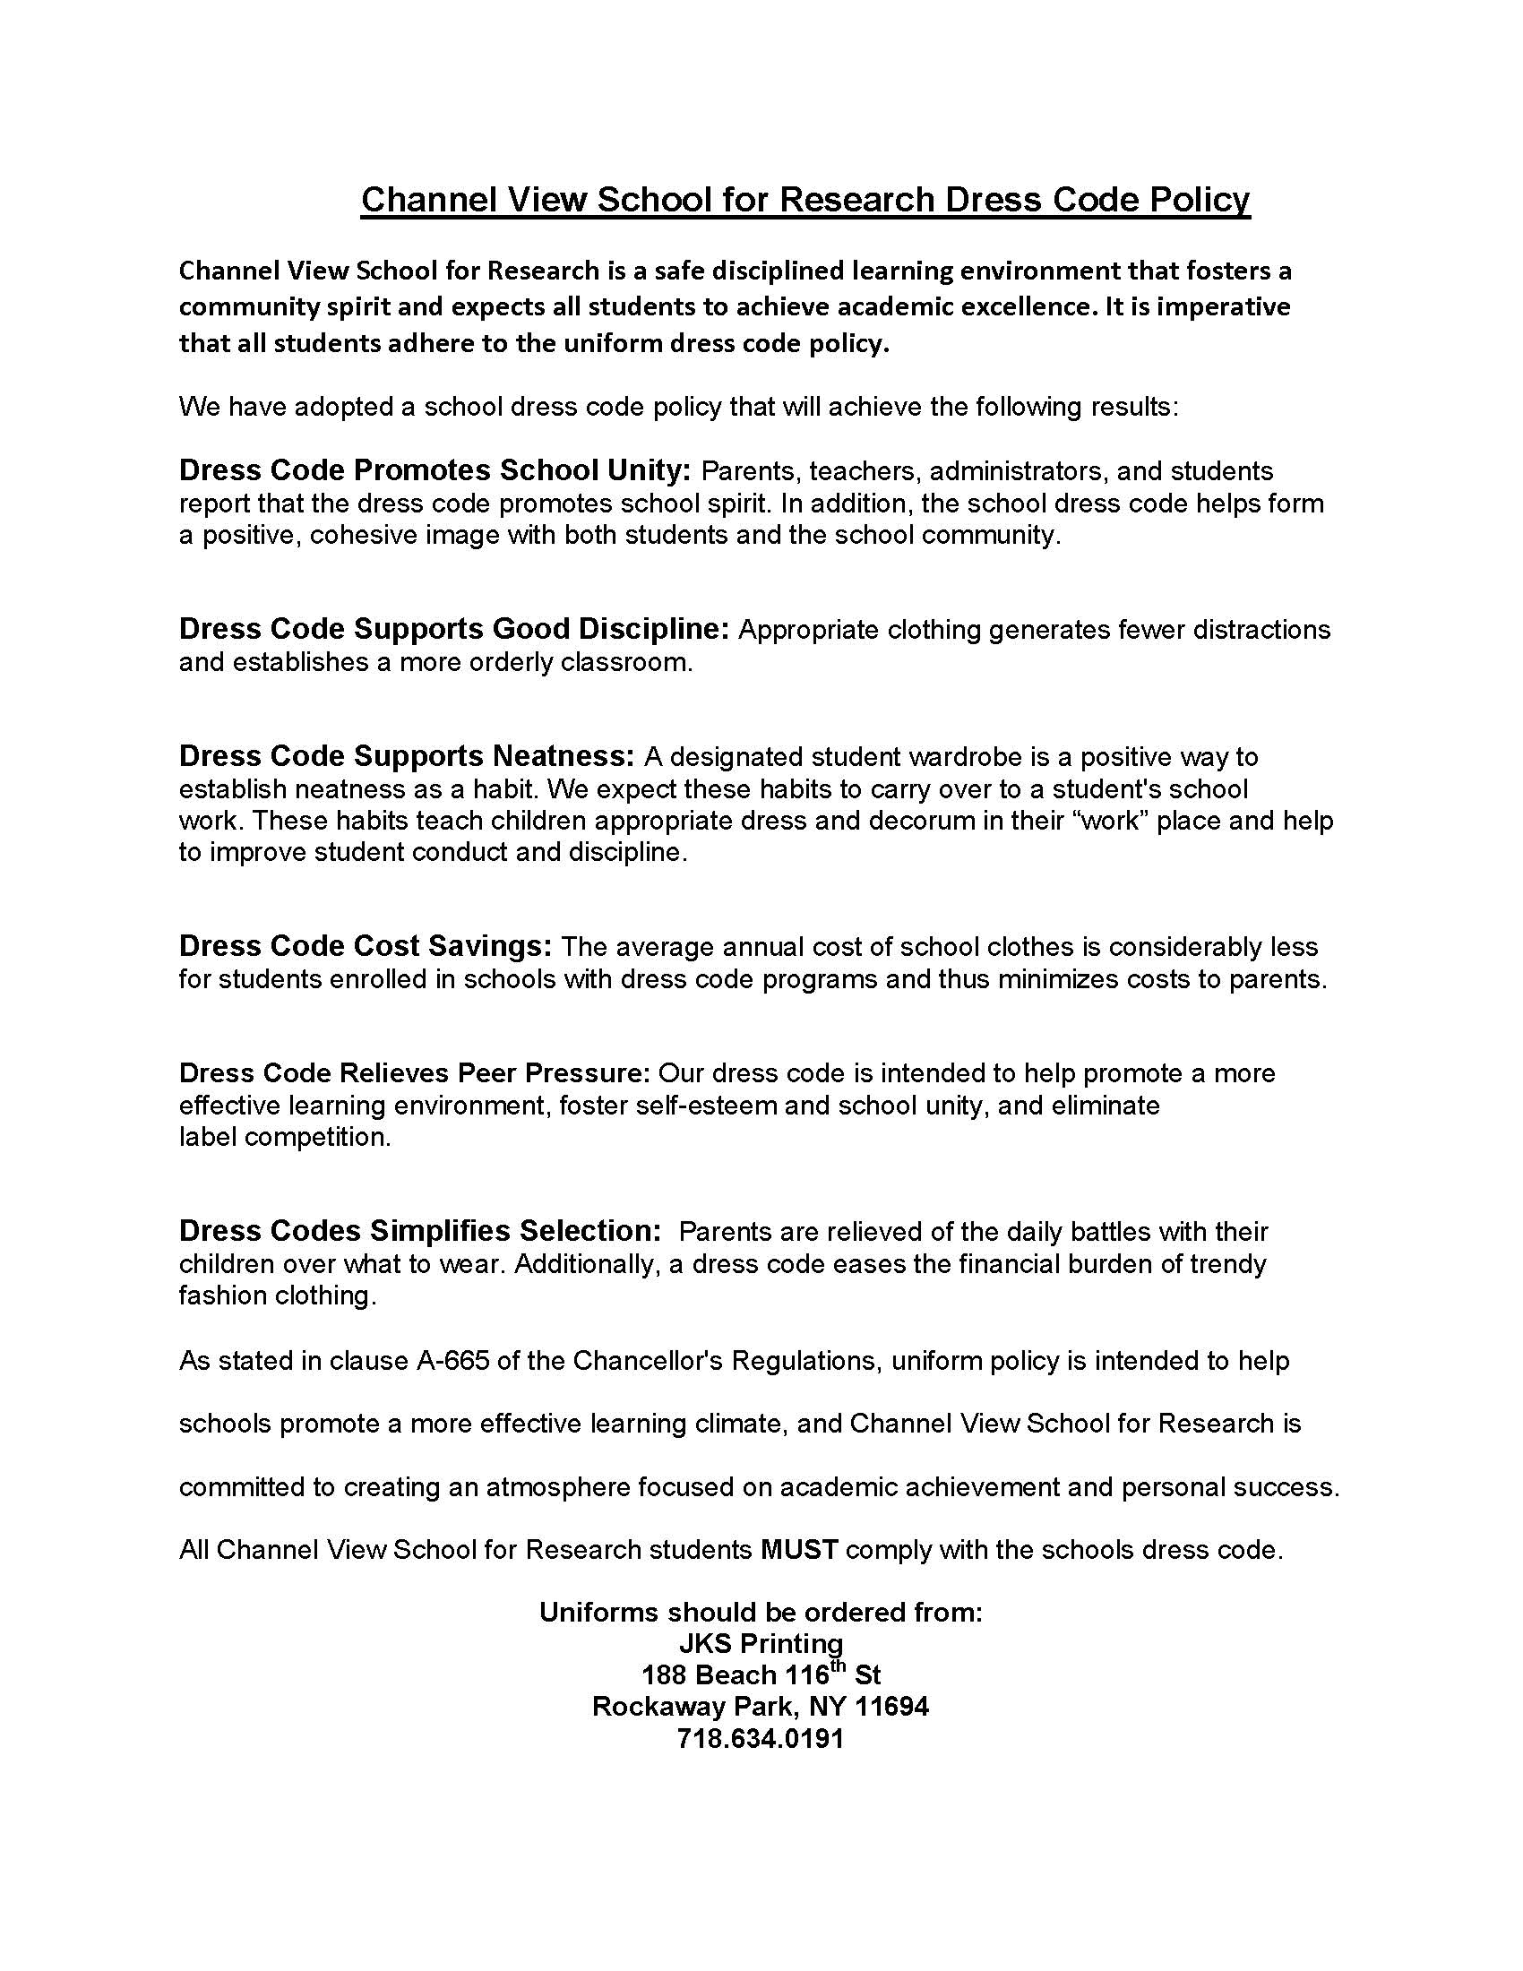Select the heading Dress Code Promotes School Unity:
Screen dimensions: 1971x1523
[434, 470]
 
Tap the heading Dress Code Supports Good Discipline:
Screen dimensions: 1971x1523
[454, 628]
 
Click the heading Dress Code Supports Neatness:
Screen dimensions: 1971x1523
[407, 755]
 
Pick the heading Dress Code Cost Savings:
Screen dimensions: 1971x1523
[366, 946]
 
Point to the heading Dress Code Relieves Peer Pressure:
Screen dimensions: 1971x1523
[414, 1073]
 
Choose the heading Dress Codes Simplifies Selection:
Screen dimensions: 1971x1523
[420, 1231]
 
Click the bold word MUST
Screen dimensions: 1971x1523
[799, 1550]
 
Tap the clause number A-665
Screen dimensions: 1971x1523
[453, 1360]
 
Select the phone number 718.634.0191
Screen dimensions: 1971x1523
[761, 1738]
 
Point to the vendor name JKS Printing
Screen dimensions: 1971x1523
[761, 1643]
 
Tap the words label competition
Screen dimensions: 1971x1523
[285, 1137]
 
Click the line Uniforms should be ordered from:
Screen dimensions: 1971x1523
[761, 1612]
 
